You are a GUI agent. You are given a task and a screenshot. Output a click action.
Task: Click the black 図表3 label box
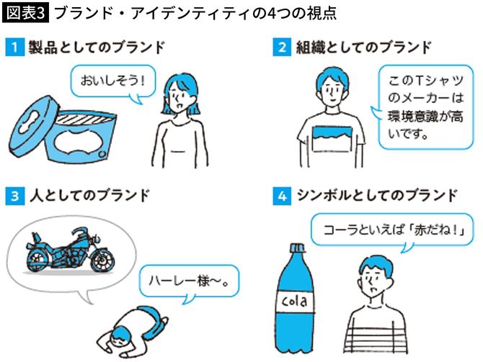[27, 13]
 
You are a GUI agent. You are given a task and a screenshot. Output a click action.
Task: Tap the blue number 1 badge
[14, 48]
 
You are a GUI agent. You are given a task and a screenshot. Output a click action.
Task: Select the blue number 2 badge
[283, 48]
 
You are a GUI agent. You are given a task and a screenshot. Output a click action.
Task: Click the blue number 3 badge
[14, 195]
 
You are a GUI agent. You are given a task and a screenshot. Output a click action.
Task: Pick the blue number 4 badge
[283, 195]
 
